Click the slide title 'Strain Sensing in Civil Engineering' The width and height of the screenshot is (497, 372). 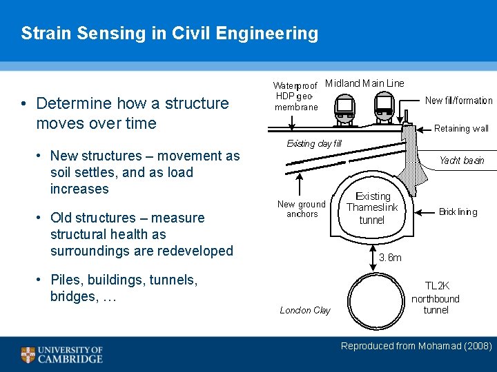click(x=169, y=33)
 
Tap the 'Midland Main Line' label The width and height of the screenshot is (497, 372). click(x=364, y=83)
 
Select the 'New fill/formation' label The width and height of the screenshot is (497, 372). click(x=458, y=101)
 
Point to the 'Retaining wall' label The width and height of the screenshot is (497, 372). click(x=461, y=128)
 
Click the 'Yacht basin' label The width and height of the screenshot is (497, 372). click(x=462, y=161)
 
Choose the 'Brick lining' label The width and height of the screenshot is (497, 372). click(x=458, y=211)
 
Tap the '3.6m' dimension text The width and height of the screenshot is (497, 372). click(x=390, y=257)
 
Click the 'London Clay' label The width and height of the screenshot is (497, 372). click(x=305, y=310)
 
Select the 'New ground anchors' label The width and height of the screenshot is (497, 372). click(x=301, y=209)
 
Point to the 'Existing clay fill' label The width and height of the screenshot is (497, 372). click(x=314, y=144)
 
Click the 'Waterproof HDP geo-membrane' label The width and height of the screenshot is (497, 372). click(x=296, y=96)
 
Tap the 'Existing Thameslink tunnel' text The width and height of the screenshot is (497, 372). click(x=372, y=208)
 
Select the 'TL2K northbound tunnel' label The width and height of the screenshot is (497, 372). click(x=436, y=298)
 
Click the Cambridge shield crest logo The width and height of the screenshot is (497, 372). click(x=28, y=355)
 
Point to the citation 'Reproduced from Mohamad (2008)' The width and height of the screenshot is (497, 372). click(x=416, y=346)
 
